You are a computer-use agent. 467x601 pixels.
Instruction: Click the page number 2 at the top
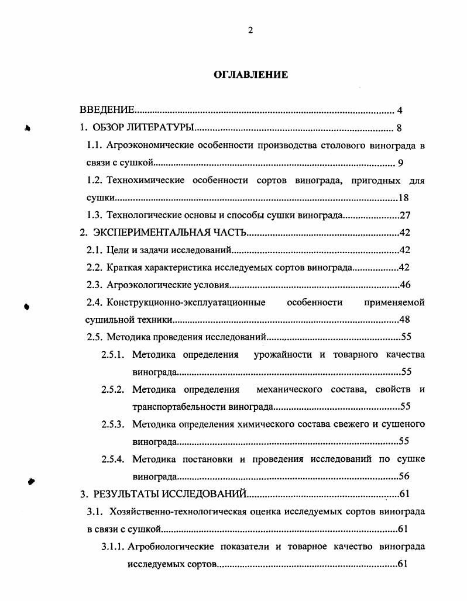250,31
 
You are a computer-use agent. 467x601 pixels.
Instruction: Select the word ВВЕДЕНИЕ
108,110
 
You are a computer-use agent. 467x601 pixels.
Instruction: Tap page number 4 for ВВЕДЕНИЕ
399,110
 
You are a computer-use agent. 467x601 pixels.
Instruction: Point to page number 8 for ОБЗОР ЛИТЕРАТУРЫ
399,128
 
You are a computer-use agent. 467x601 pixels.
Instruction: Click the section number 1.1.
95,146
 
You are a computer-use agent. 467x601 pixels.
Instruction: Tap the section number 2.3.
95,285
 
